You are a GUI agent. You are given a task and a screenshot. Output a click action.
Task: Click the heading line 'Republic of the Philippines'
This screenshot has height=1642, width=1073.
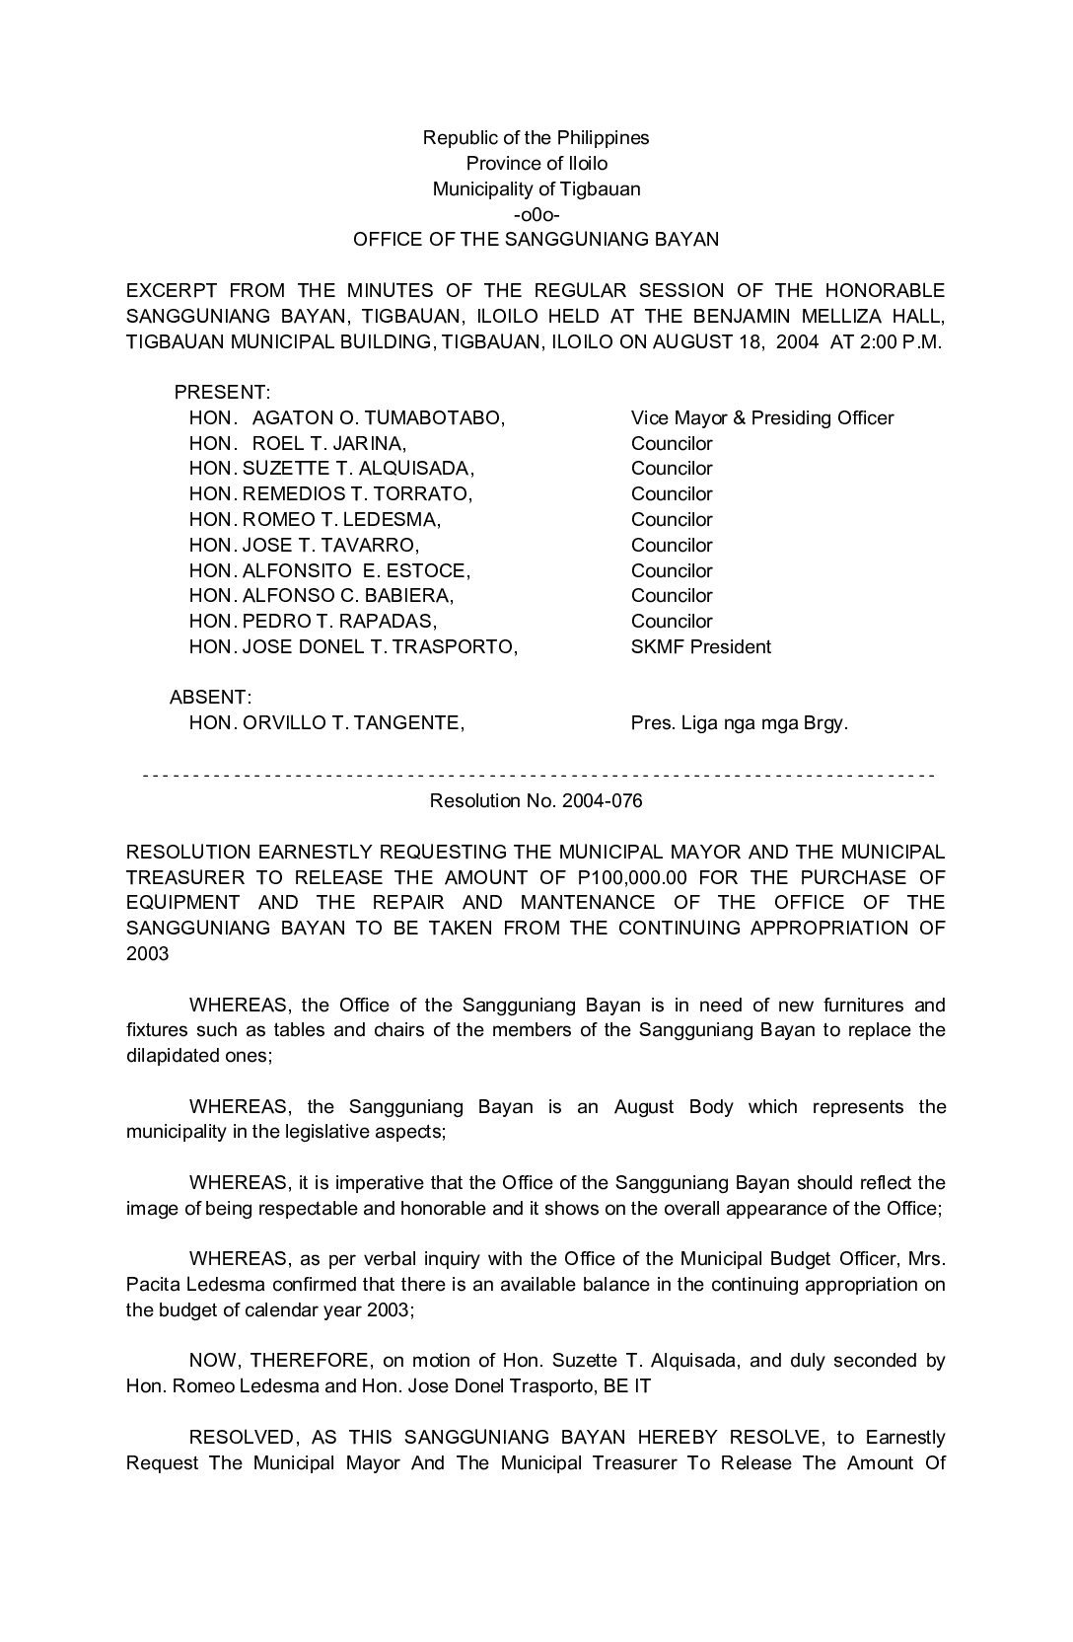(536, 137)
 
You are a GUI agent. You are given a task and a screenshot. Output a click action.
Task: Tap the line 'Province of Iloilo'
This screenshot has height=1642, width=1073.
(536, 163)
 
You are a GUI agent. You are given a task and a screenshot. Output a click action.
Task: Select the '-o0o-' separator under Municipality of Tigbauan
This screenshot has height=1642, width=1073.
(536, 214)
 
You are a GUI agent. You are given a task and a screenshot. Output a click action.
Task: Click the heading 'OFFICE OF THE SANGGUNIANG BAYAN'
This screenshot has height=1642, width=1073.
(536, 240)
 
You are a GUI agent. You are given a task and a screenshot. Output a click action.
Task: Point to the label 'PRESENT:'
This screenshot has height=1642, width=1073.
(222, 393)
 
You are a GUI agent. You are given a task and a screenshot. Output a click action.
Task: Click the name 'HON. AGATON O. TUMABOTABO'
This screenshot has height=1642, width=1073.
(347, 418)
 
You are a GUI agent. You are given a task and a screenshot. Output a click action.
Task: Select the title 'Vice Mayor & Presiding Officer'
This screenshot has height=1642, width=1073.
(761, 418)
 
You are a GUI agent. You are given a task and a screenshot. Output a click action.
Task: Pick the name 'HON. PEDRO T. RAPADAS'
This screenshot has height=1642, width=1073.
(313, 622)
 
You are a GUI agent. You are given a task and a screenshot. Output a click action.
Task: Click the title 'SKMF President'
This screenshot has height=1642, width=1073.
(700, 647)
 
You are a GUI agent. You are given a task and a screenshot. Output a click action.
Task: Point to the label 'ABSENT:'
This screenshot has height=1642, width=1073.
(211, 698)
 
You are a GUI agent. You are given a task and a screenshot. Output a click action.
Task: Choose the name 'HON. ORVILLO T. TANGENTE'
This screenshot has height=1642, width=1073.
(326, 723)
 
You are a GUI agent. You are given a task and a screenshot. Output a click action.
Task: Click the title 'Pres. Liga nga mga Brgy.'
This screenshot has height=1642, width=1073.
(739, 723)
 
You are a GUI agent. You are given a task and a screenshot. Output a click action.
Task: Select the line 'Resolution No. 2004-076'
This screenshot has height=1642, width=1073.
(536, 801)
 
